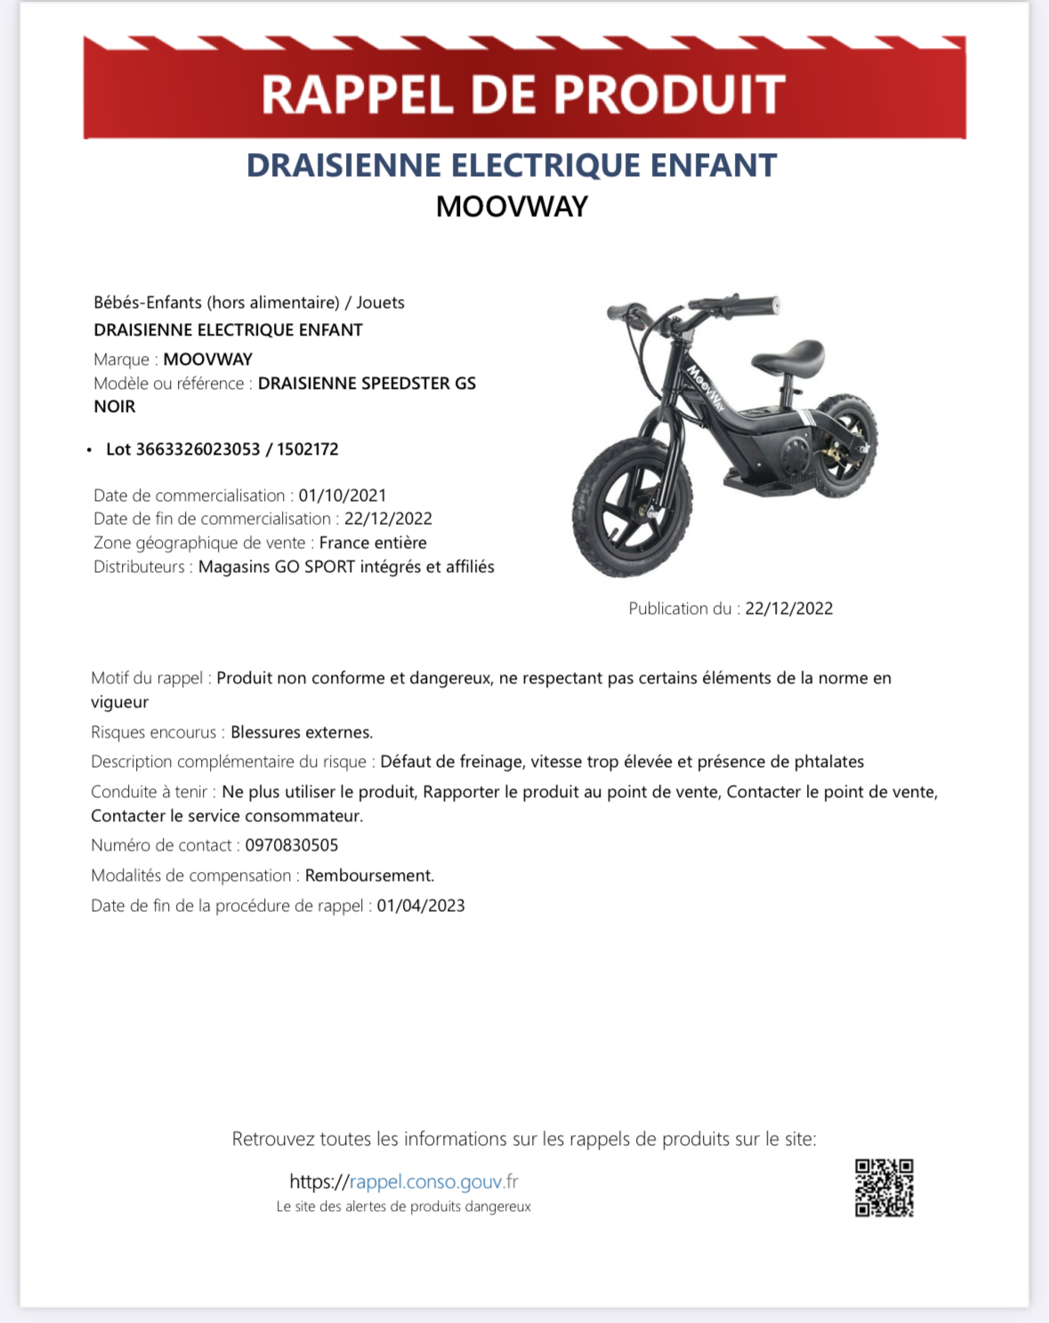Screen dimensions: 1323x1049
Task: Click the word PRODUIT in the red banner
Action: tap(669, 94)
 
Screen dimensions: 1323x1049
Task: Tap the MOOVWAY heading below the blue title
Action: tap(512, 206)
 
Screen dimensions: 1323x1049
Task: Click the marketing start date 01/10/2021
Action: tap(343, 496)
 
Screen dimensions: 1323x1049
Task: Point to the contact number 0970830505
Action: tap(292, 845)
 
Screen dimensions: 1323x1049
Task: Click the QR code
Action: tap(884, 1187)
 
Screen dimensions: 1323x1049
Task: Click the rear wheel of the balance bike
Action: tap(845, 444)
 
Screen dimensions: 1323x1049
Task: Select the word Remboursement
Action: tap(369, 875)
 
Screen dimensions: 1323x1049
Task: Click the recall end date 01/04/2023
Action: tap(421, 906)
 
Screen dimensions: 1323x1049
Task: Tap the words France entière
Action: tap(373, 543)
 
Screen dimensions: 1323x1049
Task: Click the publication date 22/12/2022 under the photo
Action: tap(789, 609)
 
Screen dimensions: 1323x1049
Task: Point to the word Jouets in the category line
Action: tap(381, 303)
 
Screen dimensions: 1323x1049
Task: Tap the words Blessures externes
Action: tap(301, 732)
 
